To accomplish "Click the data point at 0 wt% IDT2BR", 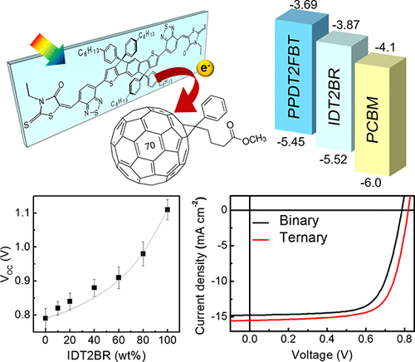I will [x=46, y=317].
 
